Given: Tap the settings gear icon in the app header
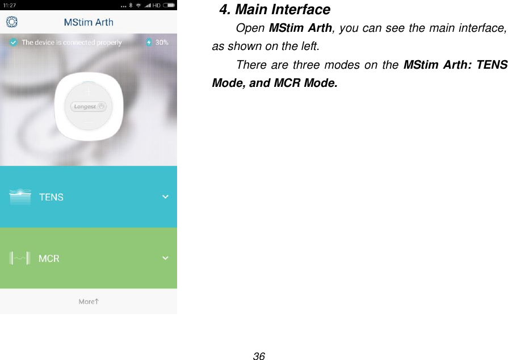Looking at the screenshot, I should tap(12, 22).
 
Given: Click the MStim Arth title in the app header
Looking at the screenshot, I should tap(88, 23).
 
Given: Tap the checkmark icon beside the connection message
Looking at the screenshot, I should tap(12, 43).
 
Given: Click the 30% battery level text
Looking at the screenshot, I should tap(162, 43).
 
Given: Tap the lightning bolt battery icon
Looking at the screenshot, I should tap(149, 43).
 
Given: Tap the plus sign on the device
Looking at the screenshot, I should tap(88, 90).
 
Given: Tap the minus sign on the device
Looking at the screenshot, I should tap(88, 121).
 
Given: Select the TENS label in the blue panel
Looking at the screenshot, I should tap(51, 197).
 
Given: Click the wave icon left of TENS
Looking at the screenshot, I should tap(20, 196).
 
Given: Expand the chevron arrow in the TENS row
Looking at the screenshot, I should tap(165, 196).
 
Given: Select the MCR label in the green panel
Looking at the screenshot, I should tap(49, 258).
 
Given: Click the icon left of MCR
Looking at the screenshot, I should tap(20, 258).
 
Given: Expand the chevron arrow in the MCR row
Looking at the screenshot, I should tap(165, 258).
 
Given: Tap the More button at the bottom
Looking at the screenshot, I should tap(89, 302).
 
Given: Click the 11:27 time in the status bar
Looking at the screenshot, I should tap(10, 5).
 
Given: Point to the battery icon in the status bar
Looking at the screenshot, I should tap(169, 5).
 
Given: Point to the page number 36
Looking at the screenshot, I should tap(259, 356).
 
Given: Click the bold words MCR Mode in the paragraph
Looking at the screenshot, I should tap(304, 83).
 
